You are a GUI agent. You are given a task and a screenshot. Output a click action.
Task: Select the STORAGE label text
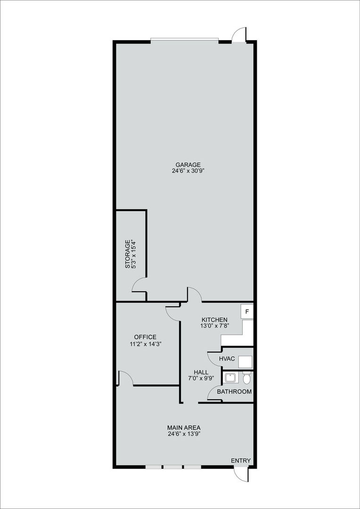tap(128, 254)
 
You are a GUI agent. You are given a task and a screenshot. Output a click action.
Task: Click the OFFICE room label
tap(145, 337)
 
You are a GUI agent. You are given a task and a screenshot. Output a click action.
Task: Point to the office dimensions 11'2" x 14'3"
tap(145, 344)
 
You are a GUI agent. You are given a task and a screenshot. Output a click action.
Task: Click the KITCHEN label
tap(214, 320)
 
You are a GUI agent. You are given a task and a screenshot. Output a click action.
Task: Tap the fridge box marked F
tap(247, 312)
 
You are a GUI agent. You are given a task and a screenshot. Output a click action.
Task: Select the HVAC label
tap(227, 359)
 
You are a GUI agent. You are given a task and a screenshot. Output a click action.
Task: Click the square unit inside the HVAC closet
tap(245, 361)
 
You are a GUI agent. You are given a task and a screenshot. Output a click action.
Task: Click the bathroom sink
tap(231, 378)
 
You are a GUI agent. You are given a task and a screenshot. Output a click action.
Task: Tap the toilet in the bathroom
tap(246, 378)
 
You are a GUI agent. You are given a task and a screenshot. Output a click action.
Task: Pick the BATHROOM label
tap(234, 392)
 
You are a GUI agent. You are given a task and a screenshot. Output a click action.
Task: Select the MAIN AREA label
tap(184, 427)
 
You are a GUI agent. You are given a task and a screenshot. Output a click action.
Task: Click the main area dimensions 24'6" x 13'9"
tap(184, 434)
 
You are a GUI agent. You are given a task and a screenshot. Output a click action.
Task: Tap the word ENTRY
tap(241, 460)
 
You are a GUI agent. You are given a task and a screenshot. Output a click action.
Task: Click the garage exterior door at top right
tap(239, 35)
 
